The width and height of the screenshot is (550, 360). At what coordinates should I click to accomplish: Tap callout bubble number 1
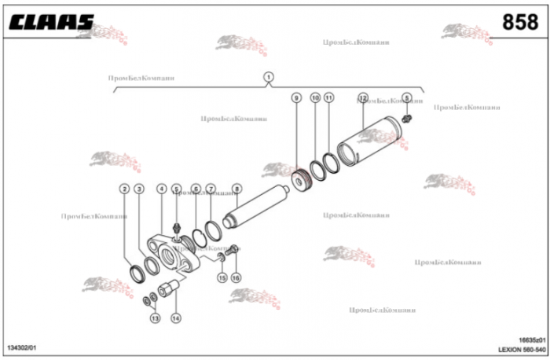click(x=269, y=77)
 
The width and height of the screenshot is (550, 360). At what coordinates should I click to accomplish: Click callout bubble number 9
click(x=296, y=97)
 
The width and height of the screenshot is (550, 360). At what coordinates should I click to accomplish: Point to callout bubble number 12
click(x=363, y=97)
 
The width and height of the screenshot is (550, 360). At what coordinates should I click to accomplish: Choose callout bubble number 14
click(x=175, y=318)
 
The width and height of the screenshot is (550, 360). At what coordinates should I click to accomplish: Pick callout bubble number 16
click(x=236, y=278)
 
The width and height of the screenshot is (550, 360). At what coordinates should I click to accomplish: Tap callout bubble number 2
click(x=124, y=189)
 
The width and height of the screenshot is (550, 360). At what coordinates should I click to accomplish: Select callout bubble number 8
click(x=236, y=189)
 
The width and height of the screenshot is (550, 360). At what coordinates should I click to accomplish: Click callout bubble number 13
click(x=155, y=318)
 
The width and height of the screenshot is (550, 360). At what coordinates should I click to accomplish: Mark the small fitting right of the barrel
click(x=407, y=119)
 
